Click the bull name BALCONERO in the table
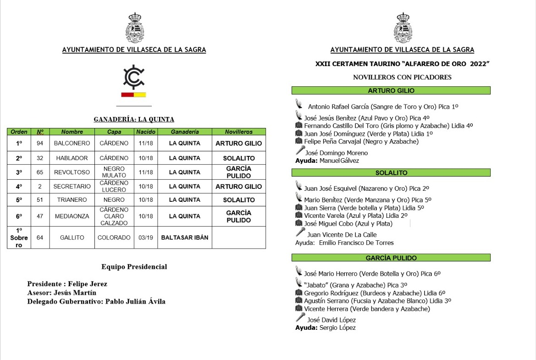[72, 143]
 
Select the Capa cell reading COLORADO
[114, 238]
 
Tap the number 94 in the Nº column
[40, 143]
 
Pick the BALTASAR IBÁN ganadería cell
[184, 238]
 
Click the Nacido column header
[146, 132]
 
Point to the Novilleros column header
[238, 132]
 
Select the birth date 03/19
[146, 238]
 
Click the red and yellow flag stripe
[133, 95]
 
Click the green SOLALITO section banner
[391, 173]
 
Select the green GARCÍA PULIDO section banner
[391, 258]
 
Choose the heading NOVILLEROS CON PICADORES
[402, 77]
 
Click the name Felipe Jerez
[88, 284]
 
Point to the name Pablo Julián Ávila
[135, 301]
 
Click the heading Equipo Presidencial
[134, 266]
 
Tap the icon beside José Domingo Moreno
[300, 150]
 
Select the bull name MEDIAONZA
[72, 216]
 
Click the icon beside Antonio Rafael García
[299, 104]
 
